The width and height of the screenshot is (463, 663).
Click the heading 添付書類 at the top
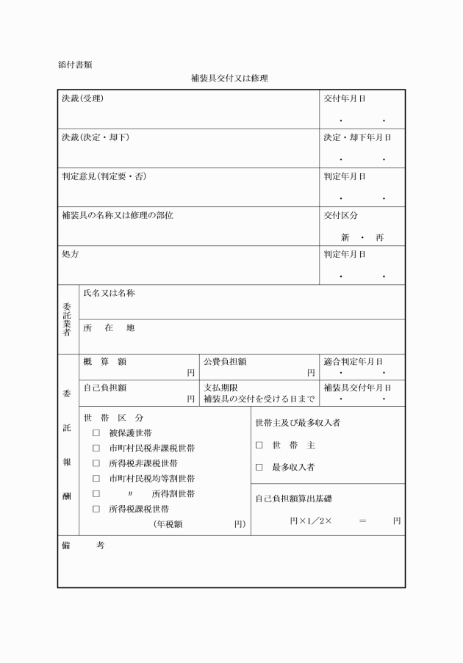pyautogui.click(x=76, y=65)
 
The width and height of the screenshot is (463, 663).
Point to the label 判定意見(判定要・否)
pyautogui.click(x=103, y=176)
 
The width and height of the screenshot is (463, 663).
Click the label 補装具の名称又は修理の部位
pyautogui.click(x=118, y=215)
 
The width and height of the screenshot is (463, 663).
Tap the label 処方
pyautogui.click(x=70, y=254)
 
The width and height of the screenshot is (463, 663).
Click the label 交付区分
pyautogui.click(x=340, y=215)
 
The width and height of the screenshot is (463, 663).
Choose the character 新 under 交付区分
pyautogui.click(x=345, y=238)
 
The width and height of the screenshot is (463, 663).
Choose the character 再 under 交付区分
pyautogui.click(x=379, y=238)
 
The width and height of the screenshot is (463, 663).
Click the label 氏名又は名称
pyautogui.click(x=109, y=293)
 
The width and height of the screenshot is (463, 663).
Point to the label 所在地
pyautogui.click(x=109, y=327)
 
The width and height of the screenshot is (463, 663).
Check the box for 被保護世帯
pyautogui.click(x=96, y=433)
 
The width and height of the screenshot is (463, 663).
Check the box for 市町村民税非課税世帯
pyautogui.click(x=96, y=448)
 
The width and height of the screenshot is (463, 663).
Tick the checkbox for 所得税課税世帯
pyautogui.click(x=96, y=508)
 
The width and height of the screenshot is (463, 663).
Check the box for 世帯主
pyautogui.click(x=259, y=445)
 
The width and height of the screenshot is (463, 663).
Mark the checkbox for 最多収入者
pyautogui.click(x=259, y=467)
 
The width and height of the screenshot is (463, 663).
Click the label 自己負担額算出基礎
pyautogui.click(x=293, y=499)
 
